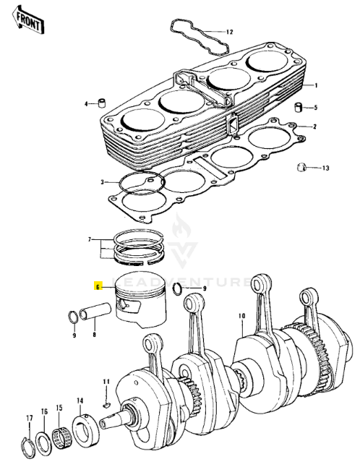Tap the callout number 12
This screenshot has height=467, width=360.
tap(229, 32)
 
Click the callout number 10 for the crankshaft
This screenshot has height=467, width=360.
tap(241, 315)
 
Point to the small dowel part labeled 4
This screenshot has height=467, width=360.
tap(103, 103)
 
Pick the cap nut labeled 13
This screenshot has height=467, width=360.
tap(303, 168)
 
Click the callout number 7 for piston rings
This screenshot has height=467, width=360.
tap(89, 239)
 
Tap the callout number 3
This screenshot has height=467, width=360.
tap(103, 181)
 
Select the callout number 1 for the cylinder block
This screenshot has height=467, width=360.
tap(315, 85)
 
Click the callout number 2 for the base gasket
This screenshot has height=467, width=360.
tap(315, 127)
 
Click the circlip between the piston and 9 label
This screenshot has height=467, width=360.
tap(179, 290)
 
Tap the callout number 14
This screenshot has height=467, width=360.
tap(80, 400)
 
